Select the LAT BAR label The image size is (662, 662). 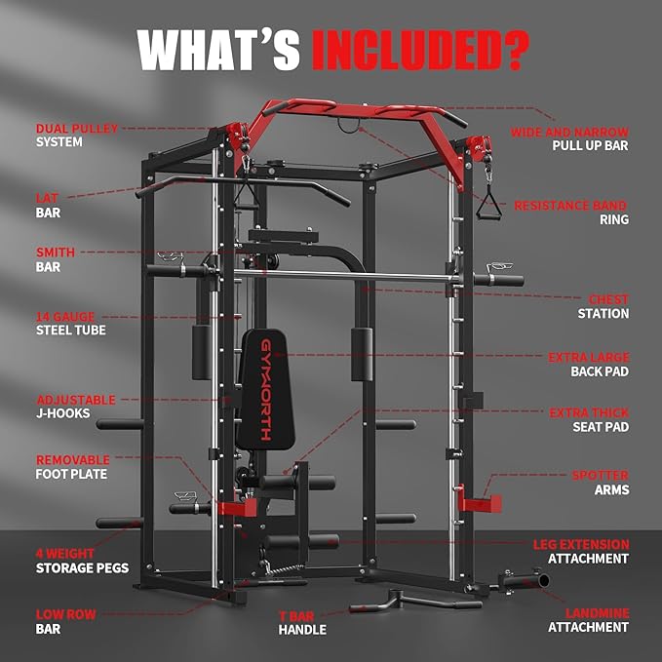coord(49,205)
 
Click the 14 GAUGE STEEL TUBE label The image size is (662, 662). coord(71,323)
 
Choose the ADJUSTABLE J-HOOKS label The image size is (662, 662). coord(76,407)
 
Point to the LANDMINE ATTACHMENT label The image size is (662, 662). coord(588,620)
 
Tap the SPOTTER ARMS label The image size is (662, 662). coord(600,483)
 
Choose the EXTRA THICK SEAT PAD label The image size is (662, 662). coord(589,420)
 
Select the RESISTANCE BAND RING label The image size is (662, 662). coord(570,213)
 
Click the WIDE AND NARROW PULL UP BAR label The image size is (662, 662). coord(569,138)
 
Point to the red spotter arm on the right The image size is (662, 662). coord(478,503)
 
